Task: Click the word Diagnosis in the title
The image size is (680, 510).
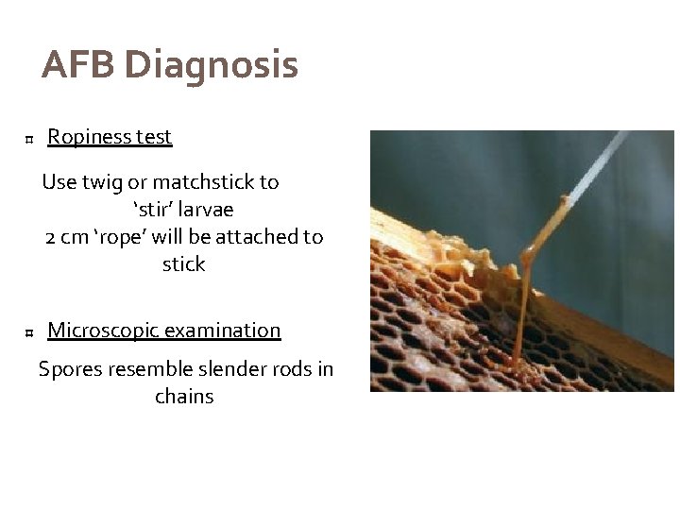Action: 211,66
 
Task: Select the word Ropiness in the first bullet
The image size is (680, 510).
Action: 89,137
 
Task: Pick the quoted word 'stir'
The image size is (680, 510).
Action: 145,209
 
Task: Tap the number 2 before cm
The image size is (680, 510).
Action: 51,236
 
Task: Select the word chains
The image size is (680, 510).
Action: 184,397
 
